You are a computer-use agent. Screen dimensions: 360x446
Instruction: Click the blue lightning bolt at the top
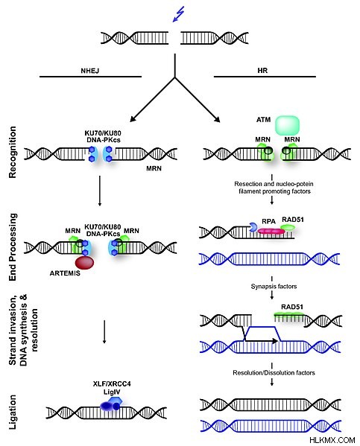click(x=179, y=14)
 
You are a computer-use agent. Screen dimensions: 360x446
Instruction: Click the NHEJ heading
click(x=90, y=71)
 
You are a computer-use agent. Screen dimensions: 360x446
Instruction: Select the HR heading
click(x=262, y=70)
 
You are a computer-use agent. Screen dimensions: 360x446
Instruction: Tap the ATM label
click(x=263, y=120)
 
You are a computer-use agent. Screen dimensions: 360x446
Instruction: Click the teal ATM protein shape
click(x=288, y=125)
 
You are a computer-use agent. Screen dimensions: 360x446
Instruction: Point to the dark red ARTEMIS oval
click(x=84, y=263)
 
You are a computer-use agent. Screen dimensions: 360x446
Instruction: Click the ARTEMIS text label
click(x=65, y=273)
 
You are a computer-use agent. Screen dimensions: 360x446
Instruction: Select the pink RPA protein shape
click(x=271, y=231)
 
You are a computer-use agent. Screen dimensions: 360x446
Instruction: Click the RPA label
click(x=268, y=221)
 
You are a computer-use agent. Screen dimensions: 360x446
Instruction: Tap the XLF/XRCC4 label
click(x=112, y=383)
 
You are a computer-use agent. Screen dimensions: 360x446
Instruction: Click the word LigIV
click(x=112, y=392)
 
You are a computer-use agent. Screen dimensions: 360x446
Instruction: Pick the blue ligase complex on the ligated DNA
click(x=111, y=404)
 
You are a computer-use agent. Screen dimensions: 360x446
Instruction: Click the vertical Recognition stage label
click(x=13, y=153)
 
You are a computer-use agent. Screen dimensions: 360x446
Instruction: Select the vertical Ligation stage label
click(x=13, y=412)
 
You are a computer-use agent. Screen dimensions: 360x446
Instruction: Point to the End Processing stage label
click(x=13, y=247)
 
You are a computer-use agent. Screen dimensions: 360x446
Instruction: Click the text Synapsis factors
click(x=274, y=287)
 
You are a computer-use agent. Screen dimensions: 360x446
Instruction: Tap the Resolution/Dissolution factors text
click(x=274, y=372)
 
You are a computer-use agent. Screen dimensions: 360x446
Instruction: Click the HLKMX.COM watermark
click(x=332, y=440)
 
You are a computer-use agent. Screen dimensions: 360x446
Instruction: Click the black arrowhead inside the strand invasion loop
click(x=274, y=340)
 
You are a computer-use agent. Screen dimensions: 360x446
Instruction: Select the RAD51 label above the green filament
click(x=292, y=307)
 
